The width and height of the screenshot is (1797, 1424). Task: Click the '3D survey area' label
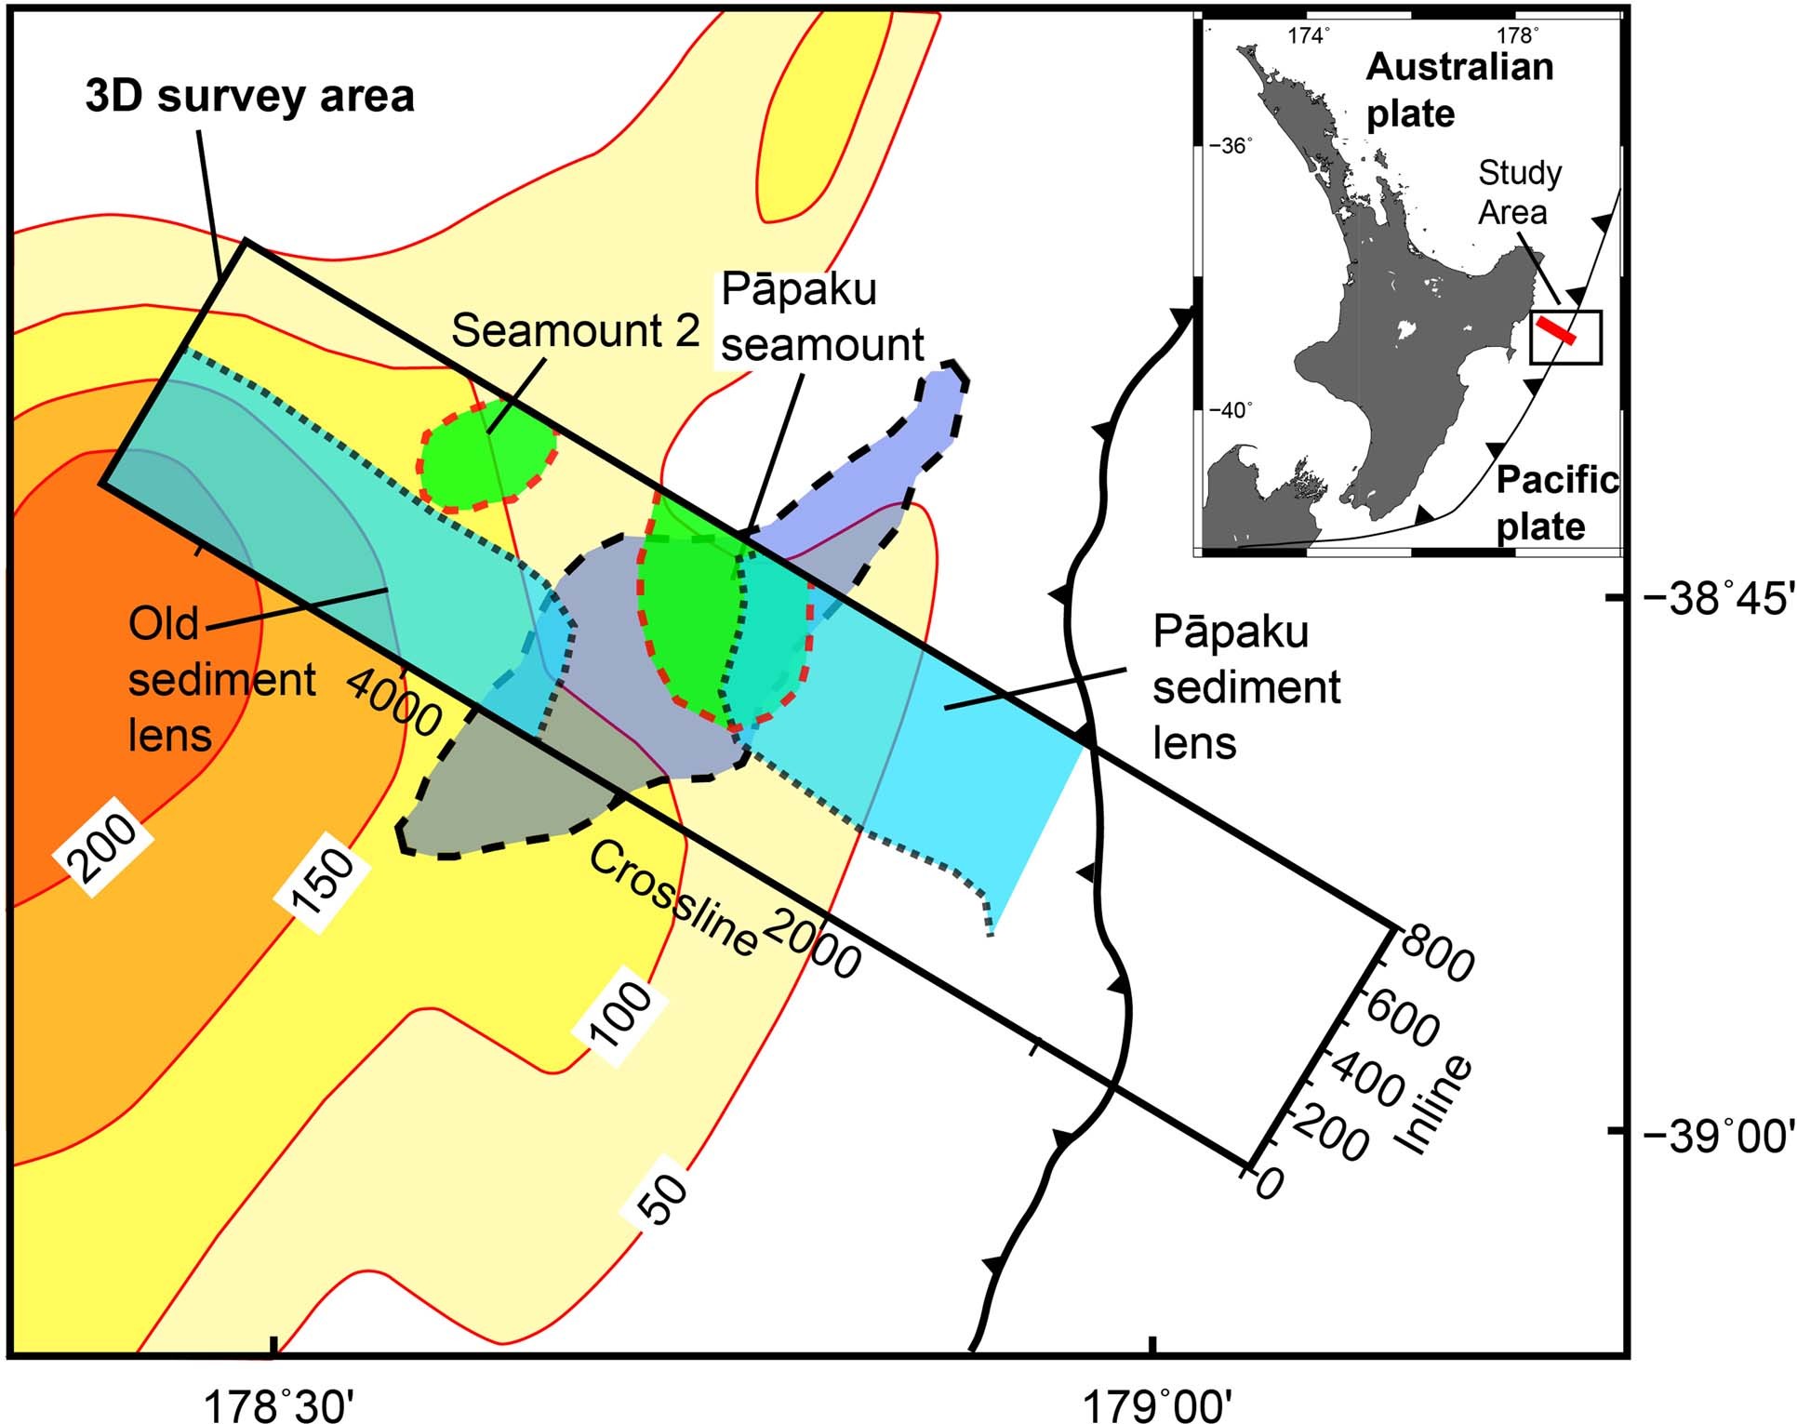point(249,97)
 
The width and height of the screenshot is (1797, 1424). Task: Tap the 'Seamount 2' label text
point(575,331)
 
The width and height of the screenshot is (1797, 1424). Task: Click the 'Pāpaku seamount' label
point(821,317)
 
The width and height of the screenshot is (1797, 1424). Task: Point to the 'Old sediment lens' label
point(221,680)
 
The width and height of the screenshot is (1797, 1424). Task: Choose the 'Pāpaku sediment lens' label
point(1245,687)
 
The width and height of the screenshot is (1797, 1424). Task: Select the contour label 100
point(621,1018)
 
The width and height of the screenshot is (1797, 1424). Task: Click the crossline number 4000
point(394,704)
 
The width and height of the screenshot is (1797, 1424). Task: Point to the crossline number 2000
point(812,943)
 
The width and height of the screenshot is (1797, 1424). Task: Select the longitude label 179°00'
point(1156,1404)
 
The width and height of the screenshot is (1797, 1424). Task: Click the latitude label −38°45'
point(1717,598)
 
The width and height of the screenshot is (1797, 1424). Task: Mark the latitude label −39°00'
point(1717,1136)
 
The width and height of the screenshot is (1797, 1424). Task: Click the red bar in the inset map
point(1555,331)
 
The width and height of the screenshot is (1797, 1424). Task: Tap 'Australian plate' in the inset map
point(1458,90)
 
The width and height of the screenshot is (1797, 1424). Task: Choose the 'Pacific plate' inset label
point(1556,503)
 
